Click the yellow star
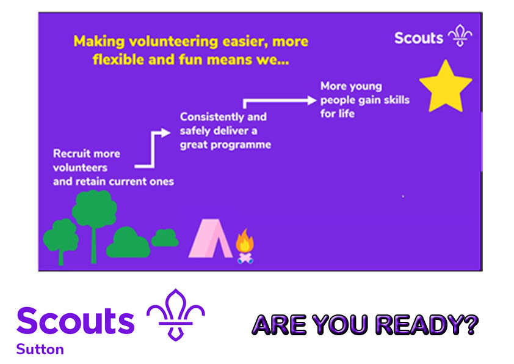pyautogui.click(x=446, y=86)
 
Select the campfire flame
pyautogui.click(x=245, y=241)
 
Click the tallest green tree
pyautogui.click(x=94, y=211)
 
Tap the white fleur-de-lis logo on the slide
pyautogui.click(x=460, y=37)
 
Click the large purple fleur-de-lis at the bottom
pyautogui.click(x=176, y=314)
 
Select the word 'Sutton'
pyautogui.click(x=40, y=349)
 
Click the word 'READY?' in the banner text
pyautogui.click(x=427, y=325)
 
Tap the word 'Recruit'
pyautogui.click(x=69, y=154)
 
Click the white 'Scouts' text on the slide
pyautogui.click(x=419, y=37)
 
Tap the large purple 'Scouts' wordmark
pyautogui.click(x=75, y=321)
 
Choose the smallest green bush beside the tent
pyautogui.click(x=165, y=237)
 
